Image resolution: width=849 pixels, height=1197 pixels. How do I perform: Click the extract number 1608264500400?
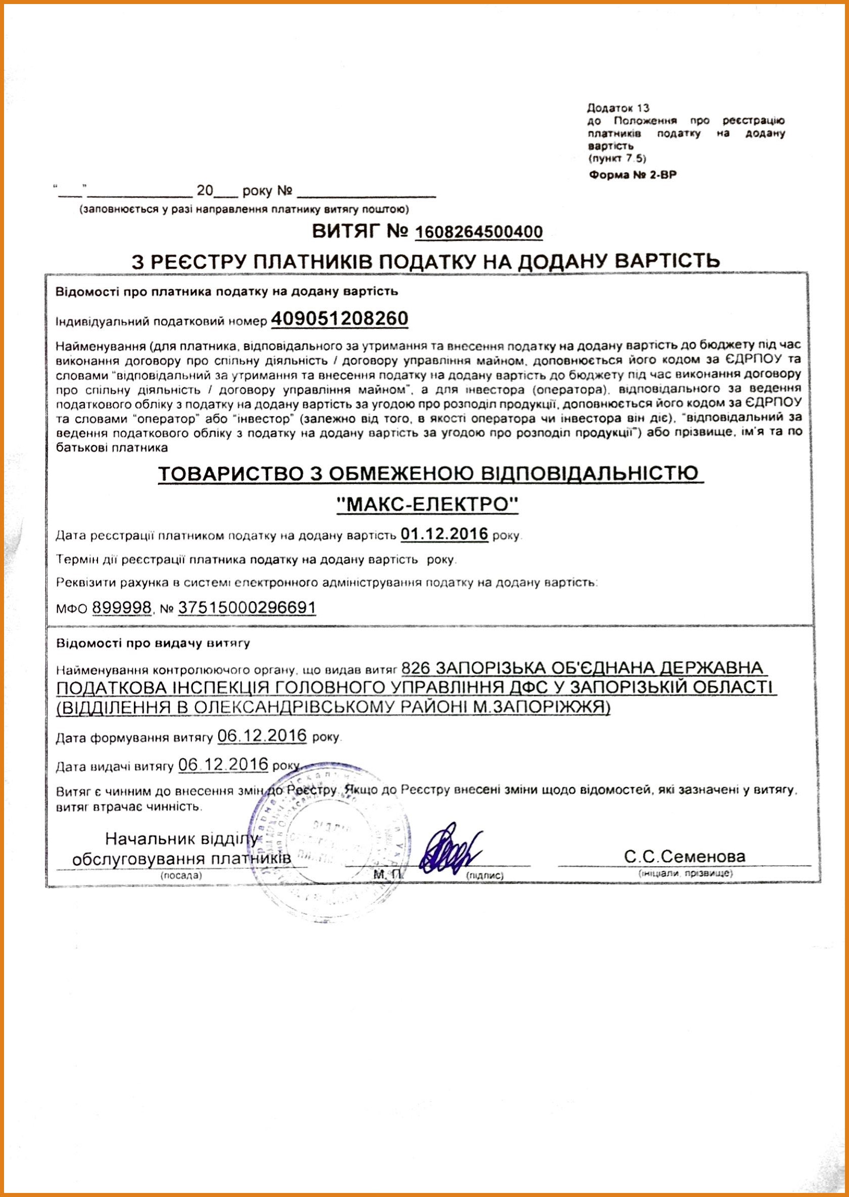(x=478, y=232)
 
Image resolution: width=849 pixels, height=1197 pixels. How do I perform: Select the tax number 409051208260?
(x=339, y=318)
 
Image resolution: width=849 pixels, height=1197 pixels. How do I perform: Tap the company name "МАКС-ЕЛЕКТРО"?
(x=428, y=505)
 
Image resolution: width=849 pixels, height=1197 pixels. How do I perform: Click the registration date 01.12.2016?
(x=444, y=534)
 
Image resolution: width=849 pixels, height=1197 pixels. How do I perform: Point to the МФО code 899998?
(x=122, y=607)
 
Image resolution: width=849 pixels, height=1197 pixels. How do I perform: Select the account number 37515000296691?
(x=247, y=607)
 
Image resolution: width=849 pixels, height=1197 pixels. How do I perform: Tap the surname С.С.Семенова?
(x=684, y=857)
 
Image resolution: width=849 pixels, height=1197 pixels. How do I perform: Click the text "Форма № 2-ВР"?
(x=632, y=175)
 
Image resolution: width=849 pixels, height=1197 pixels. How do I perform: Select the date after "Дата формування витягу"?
(x=262, y=735)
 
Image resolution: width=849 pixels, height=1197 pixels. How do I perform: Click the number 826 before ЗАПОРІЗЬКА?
(x=416, y=668)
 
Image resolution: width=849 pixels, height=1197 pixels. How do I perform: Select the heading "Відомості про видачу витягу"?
(x=153, y=643)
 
